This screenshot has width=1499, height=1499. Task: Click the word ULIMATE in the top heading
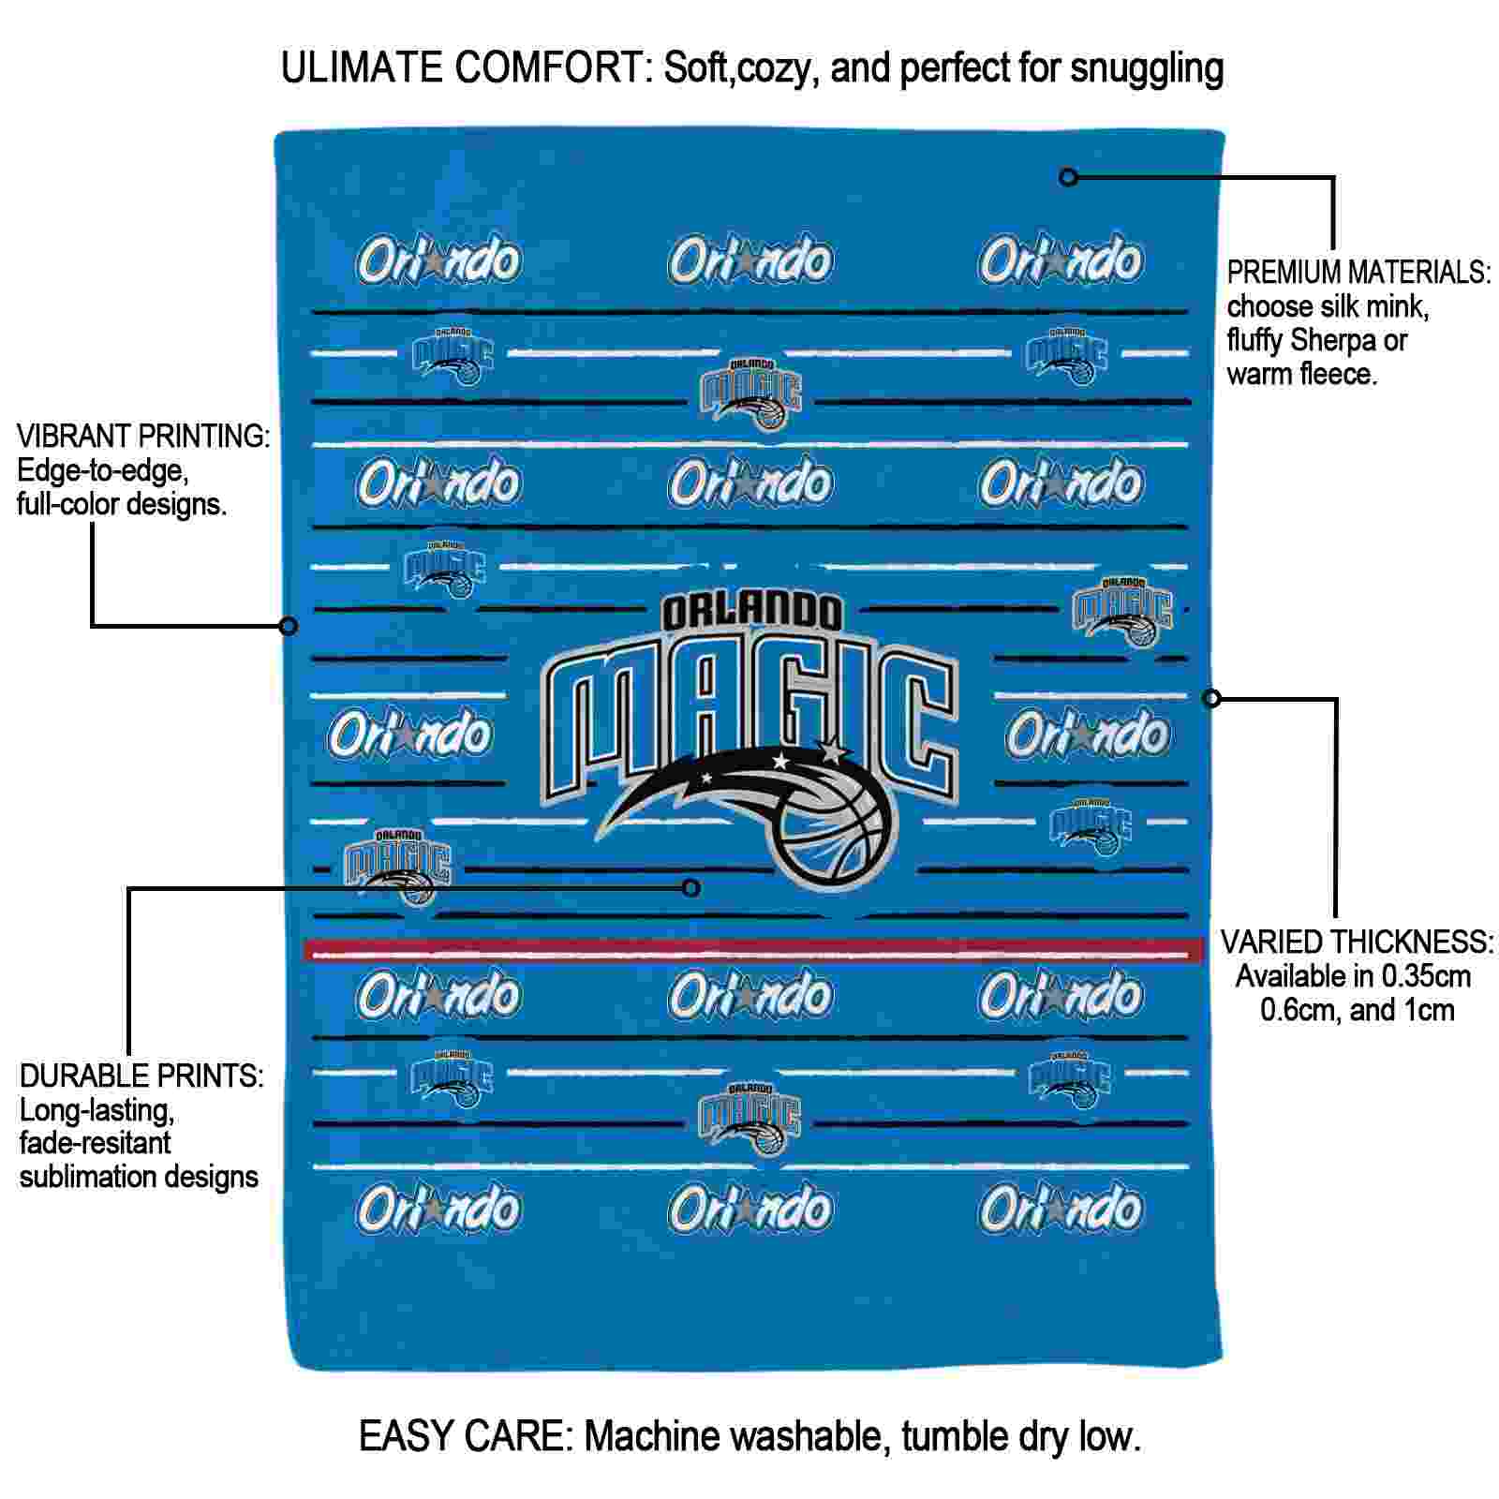coord(362,68)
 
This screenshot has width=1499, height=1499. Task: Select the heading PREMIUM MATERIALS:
coord(1359,273)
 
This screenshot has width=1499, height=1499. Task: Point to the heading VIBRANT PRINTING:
coord(143,436)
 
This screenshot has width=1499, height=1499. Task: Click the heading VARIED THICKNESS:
coord(1358,942)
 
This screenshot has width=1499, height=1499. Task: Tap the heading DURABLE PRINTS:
coord(141,1076)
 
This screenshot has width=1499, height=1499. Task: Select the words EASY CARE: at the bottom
coord(467,1435)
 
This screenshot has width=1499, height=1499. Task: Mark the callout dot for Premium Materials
coord(1068,176)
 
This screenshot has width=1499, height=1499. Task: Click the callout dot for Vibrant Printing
coord(289,625)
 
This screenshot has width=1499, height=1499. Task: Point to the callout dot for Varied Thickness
coord(1211,698)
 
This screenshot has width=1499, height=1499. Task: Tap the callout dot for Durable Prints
coord(690,887)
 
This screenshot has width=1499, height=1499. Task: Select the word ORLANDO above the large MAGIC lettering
coord(751,613)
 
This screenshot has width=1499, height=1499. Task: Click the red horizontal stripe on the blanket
coord(753,950)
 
